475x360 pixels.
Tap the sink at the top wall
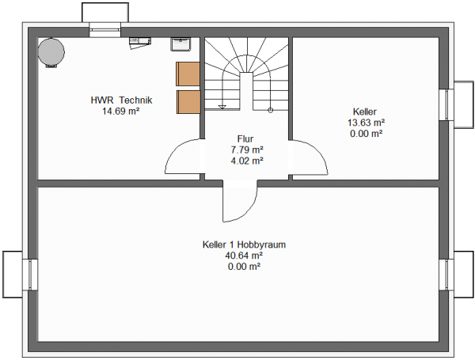[180, 44]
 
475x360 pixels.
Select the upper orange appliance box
[188, 74]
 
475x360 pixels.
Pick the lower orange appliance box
[188, 102]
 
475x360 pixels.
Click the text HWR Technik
[121, 100]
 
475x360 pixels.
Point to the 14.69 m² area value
[121, 111]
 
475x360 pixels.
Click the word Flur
[245, 139]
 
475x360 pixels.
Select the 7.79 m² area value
[246, 150]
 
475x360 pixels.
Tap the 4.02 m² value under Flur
[246, 161]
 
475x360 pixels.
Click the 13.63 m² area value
[366, 123]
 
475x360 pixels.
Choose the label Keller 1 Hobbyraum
[244, 244]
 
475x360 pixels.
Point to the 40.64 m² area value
[244, 256]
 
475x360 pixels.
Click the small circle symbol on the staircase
[271, 111]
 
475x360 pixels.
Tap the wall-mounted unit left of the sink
[140, 43]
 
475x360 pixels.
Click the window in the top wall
[105, 30]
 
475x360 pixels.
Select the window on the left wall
[30, 275]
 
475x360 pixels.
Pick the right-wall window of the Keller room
[446, 104]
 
